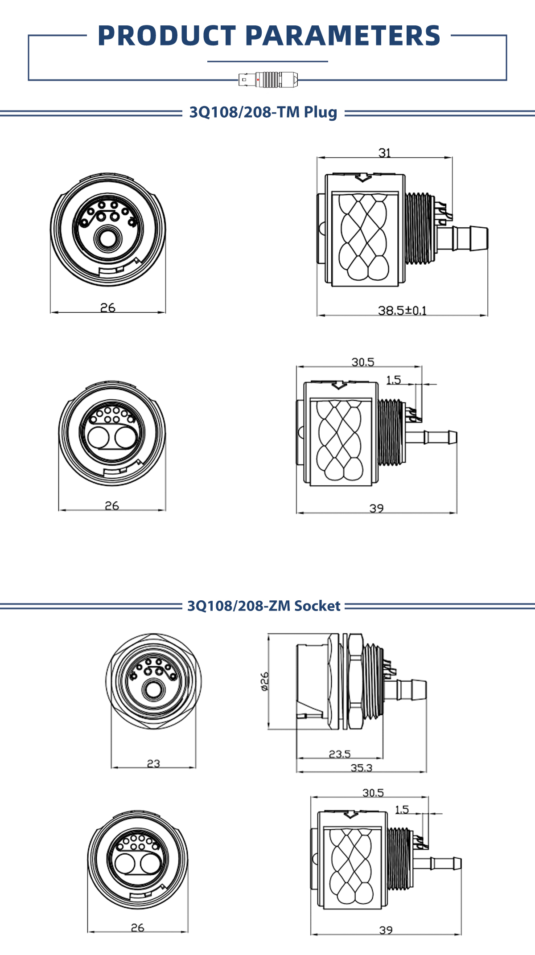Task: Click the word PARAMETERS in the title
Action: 343,36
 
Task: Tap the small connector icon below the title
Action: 268,80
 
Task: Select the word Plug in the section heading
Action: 321,112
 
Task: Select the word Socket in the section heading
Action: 317,606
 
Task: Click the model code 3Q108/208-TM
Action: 245,112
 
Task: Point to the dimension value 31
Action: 385,153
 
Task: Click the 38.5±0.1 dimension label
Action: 402,310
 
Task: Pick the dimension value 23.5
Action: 340,754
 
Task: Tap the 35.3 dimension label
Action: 361,768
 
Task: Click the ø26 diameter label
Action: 264,681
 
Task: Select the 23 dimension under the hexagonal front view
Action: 153,763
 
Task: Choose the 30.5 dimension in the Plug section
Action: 363,362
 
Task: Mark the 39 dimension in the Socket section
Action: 386,930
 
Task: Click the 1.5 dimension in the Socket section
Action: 402,809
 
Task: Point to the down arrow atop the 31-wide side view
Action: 363,177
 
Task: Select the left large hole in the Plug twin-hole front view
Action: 98,437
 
